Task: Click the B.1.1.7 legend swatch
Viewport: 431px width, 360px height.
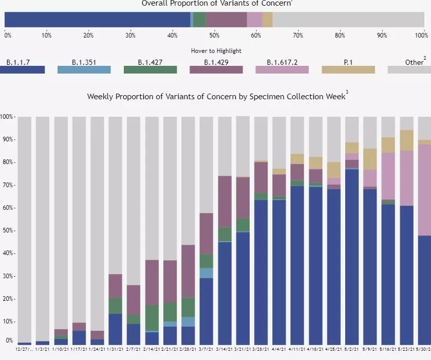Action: pyautogui.click(x=22, y=70)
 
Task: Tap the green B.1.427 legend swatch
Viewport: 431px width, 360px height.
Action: pyautogui.click(x=150, y=70)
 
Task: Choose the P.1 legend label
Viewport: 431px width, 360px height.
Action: pyautogui.click(x=348, y=62)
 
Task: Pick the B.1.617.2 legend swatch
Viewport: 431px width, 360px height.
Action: pyautogui.click(x=282, y=70)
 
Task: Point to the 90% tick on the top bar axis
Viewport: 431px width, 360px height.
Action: pyautogui.click(x=381, y=35)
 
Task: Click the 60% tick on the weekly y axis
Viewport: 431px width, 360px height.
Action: pyautogui.click(x=7, y=208)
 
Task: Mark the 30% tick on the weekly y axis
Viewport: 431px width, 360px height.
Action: pyautogui.click(x=7, y=276)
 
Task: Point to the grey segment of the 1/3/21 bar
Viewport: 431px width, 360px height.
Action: pyautogui.click(x=43, y=226)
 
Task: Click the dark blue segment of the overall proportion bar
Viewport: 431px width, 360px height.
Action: pyautogui.click(x=98, y=20)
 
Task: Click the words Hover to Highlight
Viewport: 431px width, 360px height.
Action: pyautogui.click(x=216, y=51)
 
